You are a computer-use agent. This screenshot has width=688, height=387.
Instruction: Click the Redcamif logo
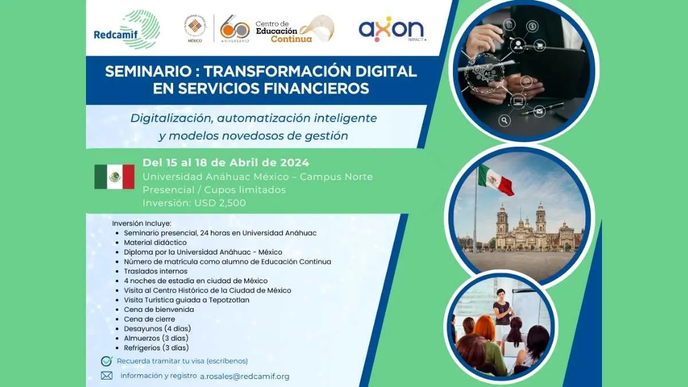point(127,29)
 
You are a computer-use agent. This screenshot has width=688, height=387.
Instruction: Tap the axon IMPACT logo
point(392,29)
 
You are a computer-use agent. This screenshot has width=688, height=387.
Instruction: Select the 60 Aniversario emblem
point(234,29)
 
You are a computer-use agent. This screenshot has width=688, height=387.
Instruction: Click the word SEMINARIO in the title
point(148,71)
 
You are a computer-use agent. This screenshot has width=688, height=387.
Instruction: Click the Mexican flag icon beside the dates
point(114,177)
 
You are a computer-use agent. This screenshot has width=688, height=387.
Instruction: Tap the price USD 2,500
point(220,203)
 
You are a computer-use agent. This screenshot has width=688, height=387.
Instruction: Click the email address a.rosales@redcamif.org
point(245,376)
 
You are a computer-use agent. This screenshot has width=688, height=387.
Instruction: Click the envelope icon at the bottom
point(107,376)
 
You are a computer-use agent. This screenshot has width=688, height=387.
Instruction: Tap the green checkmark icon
point(107,361)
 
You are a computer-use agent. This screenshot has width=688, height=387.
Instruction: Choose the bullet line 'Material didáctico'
point(155,243)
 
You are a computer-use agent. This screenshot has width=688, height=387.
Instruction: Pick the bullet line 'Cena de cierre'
point(149,319)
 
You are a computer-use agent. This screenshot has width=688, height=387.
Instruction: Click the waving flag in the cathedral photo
point(496,180)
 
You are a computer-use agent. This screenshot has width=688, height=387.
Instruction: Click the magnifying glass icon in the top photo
point(504,120)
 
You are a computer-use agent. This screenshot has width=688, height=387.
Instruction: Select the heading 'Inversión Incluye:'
point(142,223)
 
